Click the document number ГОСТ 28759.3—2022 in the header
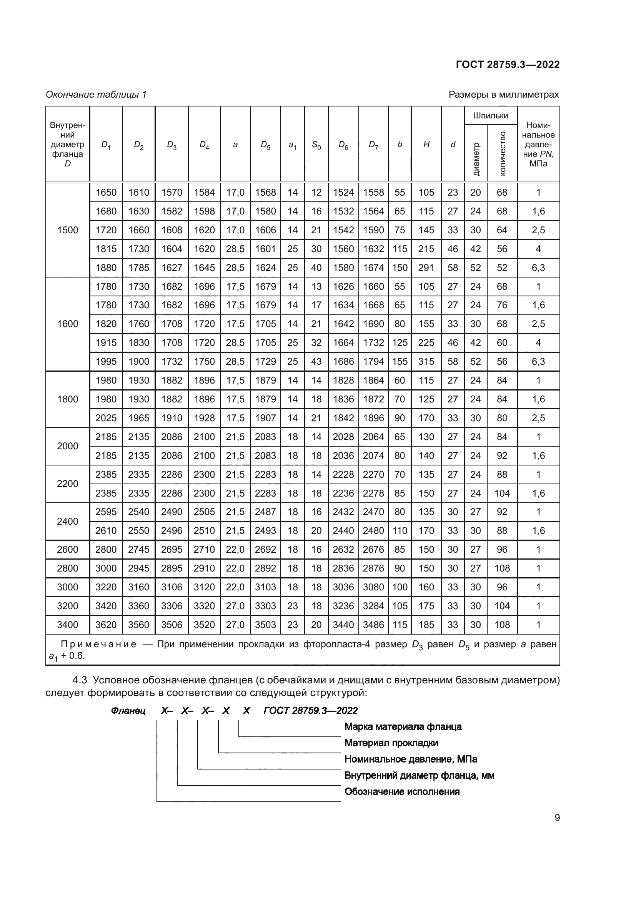pos(508,65)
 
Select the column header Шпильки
pos(490,116)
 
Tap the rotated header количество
pos(502,153)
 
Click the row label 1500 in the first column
pos(67,230)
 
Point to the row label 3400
pos(67,625)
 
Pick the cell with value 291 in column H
pos(426,268)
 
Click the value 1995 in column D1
pos(106,361)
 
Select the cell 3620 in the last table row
pos(106,625)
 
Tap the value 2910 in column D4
pos(204,568)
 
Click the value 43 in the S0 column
pos(316,361)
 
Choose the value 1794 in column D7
pos(373,361)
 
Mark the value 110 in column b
pos(400,530)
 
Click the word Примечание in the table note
pos(99,645)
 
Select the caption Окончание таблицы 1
pos(96,95)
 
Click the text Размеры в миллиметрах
pos(504,95)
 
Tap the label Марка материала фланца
pos(403,727)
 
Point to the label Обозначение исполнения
pos(402,791)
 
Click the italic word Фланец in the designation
pos(128,711)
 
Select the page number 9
pos(557,818)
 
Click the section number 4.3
pos(80,680)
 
